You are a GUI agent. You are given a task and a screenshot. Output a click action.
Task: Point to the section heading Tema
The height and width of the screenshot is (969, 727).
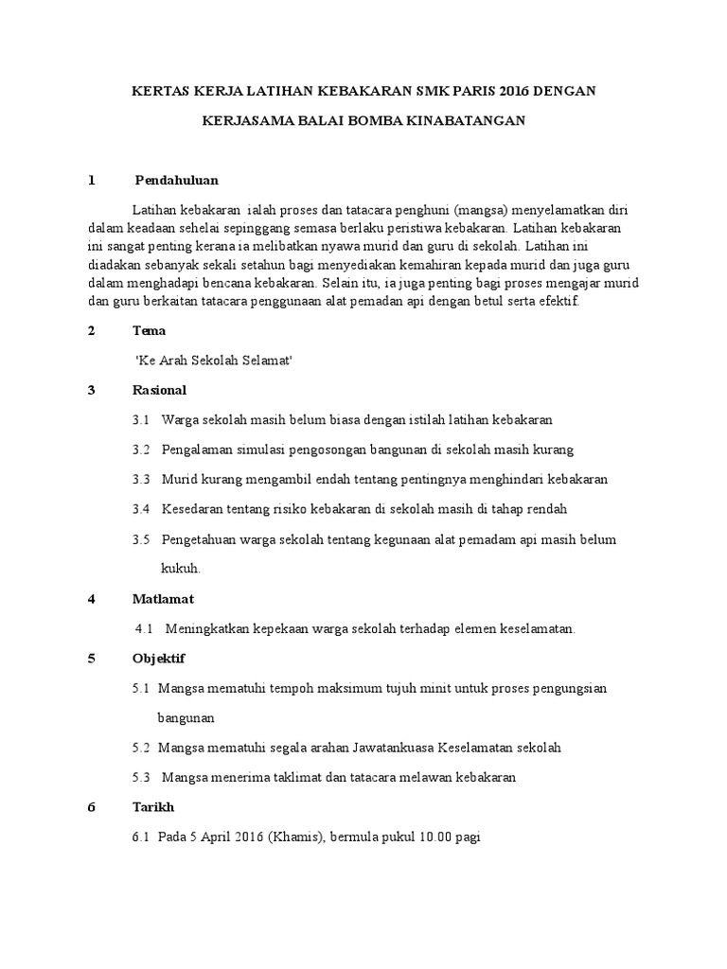click(150, 330)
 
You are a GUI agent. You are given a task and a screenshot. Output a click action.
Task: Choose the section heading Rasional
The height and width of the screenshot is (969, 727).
click(159, 390)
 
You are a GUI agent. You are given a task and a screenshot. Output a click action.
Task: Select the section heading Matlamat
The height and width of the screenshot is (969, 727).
click(163, 599)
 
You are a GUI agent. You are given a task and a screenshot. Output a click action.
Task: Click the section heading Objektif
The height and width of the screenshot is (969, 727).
click(159, 659)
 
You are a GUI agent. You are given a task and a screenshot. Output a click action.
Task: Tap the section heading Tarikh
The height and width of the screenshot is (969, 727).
click(153, 807)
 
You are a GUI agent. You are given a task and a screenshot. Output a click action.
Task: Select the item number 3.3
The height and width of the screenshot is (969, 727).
click(142, 479)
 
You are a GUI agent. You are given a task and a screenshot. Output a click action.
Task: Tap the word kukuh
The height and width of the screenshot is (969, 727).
click(181, 569)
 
